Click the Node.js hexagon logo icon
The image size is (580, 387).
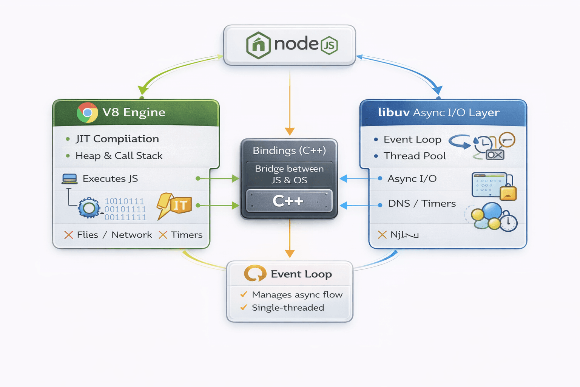(258, 45)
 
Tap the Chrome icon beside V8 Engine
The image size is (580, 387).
(87, 113)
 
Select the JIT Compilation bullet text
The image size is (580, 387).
(117, 139)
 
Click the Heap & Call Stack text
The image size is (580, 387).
(119, 156)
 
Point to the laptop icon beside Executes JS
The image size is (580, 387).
(69, 179)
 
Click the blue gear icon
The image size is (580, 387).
(89, 208)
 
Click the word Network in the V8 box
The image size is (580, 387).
(131, 235)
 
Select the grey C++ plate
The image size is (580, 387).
(289, 201)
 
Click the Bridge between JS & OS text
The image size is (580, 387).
(289, 174)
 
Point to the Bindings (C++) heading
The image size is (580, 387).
(289, 150)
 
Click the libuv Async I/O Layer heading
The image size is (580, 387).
(439, 113)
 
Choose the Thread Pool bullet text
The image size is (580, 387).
(415, 156)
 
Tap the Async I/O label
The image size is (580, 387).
(412, 178)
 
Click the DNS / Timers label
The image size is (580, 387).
(422, 203)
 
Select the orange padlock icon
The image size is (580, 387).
(508, 192)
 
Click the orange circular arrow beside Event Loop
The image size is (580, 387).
(255, 273)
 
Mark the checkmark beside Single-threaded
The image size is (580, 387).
(244, 307)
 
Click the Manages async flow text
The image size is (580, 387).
(297, 294)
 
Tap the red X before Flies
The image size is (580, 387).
(68, 235)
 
